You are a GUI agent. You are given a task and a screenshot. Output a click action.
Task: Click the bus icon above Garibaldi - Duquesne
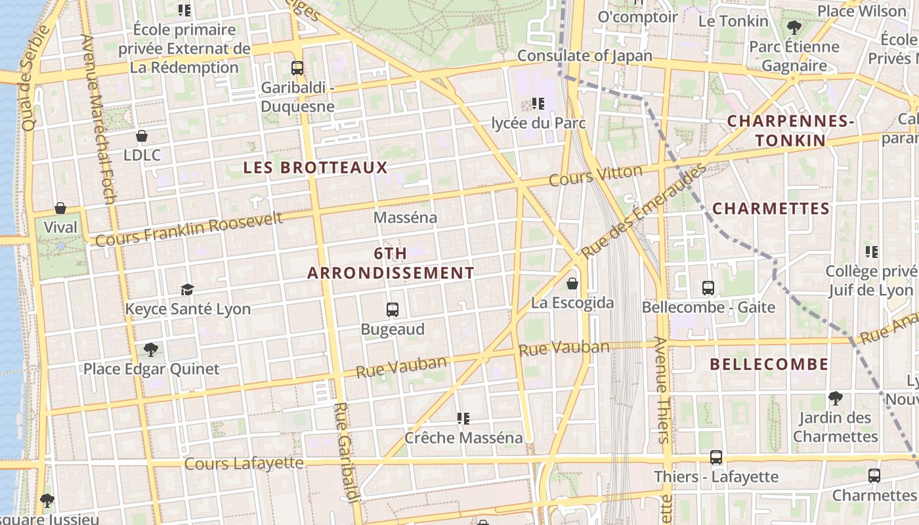point(297,68)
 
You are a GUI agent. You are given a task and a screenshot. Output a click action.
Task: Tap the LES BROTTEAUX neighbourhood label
point(316,167)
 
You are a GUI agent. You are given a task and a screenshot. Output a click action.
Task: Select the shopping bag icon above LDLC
point(141,136)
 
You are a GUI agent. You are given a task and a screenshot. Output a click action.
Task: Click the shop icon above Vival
point(60,208)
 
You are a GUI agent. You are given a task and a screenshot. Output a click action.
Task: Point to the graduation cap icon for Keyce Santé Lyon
point(188,289)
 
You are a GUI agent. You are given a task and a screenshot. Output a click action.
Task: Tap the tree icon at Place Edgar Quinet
point(151,349)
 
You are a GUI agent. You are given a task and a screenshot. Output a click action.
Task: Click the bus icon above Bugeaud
point(393,309)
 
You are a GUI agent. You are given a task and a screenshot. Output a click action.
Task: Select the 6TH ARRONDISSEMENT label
point(391,263)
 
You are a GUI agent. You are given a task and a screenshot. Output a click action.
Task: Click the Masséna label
point(405,217)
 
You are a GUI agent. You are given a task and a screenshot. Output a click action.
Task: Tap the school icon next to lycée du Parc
point(538,104)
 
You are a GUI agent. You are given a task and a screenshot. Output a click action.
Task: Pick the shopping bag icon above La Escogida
point(572,283)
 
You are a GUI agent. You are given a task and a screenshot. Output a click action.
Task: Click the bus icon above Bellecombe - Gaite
point(708,287)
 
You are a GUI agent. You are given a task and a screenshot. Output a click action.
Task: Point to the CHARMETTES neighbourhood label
point(771,209)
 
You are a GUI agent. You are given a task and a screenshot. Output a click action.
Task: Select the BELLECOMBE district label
point(769,364)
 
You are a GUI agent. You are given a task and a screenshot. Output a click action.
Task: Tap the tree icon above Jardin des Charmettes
point(835,398)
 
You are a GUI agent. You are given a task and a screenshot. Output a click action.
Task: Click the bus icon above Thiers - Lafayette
point(716,457)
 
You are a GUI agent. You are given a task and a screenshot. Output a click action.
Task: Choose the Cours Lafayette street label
point(244,463)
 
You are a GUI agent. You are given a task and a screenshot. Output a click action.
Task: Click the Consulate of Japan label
point(584,56)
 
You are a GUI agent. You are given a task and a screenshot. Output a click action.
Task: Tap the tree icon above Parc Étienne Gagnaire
point(794,28)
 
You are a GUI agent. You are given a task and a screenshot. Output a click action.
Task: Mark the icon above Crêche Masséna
point(463,418)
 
